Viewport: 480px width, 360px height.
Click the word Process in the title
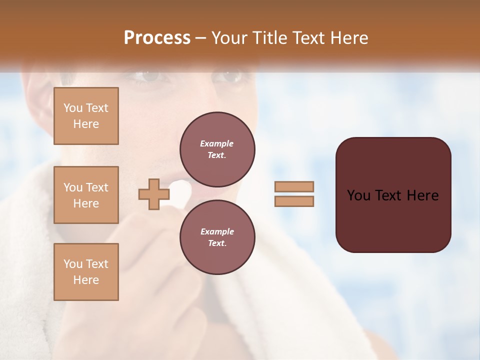157,38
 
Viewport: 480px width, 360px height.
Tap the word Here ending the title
349,38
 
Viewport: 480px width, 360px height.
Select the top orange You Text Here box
86,116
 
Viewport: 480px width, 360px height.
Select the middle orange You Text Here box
86,195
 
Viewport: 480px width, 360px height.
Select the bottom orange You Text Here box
86,272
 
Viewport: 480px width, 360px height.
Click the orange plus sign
153,194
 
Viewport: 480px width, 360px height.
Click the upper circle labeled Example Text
217,149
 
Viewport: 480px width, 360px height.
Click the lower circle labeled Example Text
217,237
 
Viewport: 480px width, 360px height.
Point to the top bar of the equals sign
294,187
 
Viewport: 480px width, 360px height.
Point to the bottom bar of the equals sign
294,201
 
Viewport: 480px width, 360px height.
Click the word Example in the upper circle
217,143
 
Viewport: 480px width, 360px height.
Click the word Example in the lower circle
217,231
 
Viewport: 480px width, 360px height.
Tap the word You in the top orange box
72,108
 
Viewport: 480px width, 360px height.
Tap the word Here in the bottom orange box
86,280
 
